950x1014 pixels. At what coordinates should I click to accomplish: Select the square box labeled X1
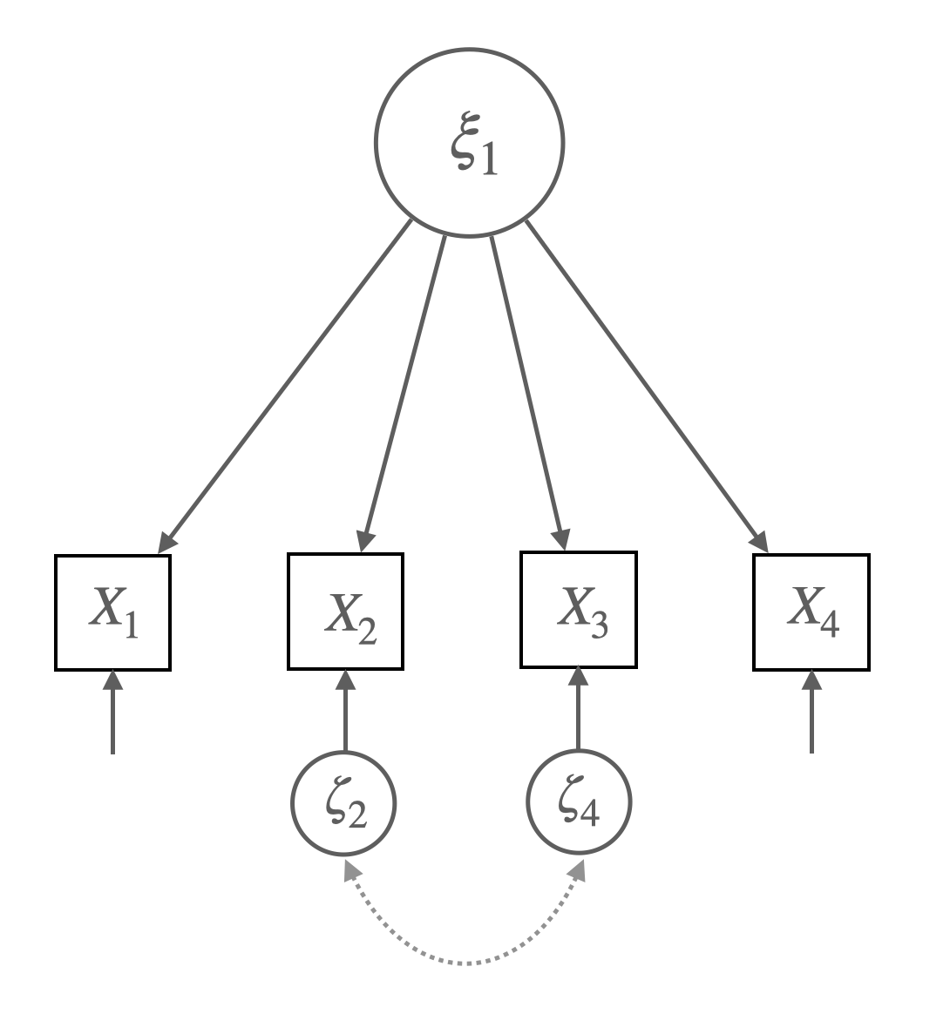pos(112,612)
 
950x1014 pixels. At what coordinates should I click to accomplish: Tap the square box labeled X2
pos(345,611)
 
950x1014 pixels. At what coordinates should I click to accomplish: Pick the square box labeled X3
pos(578,610)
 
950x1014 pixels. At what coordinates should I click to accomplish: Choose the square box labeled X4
pos(811,611)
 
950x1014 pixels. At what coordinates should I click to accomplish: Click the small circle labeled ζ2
pos(343,801)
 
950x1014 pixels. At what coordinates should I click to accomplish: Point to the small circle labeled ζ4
pos(578,801)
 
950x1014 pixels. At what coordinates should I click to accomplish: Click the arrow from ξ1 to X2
pos(404,388)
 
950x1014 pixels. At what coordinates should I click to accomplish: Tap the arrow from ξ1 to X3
pos(528,388)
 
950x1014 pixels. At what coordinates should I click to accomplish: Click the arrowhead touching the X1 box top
pos(166,542)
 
